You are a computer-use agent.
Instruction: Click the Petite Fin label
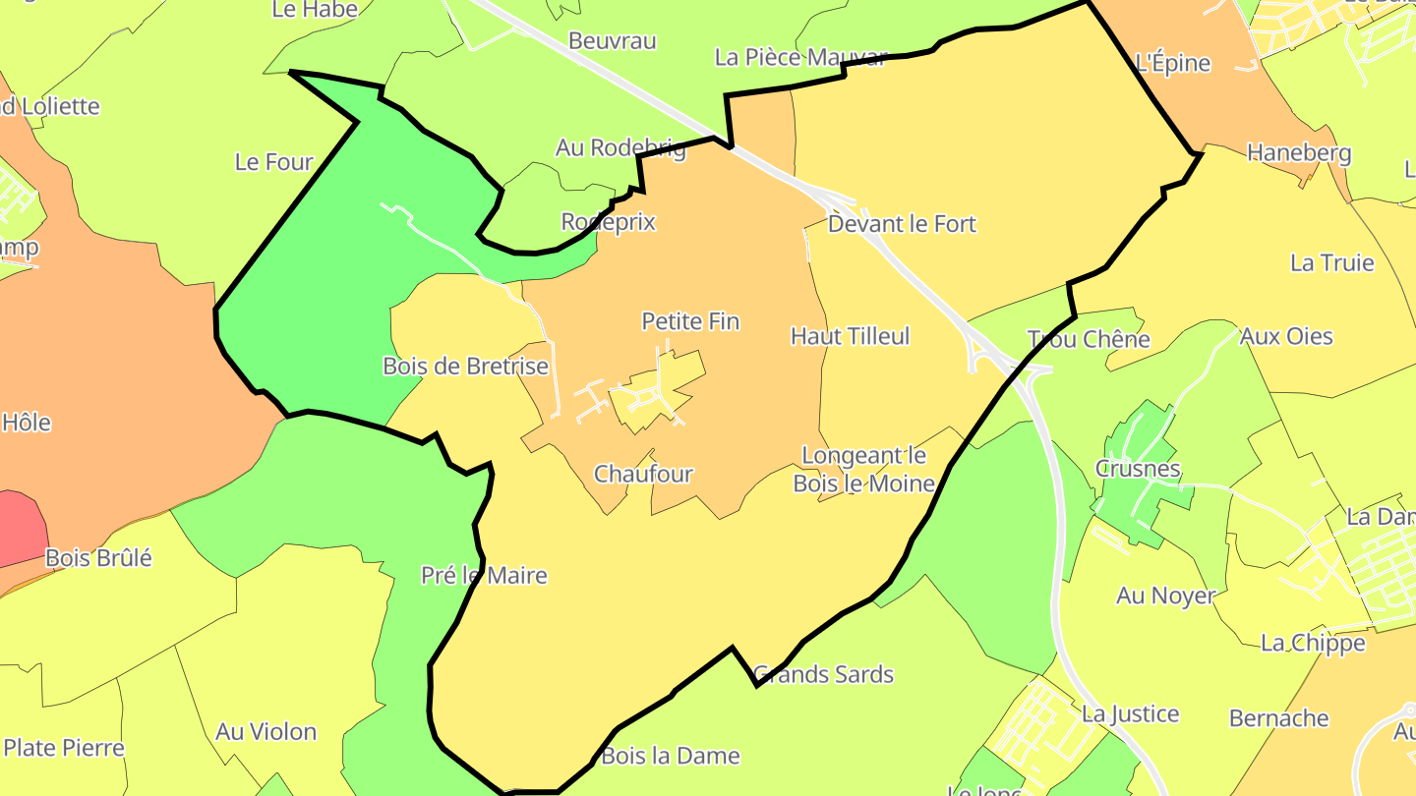(690, 321)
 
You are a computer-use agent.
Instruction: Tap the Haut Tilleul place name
(850, 336)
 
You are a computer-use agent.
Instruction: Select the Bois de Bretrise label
(465, 367)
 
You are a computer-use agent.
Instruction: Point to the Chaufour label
(643, 474)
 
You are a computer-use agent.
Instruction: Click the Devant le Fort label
(902, 224)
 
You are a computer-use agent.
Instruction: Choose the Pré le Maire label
(484, 575)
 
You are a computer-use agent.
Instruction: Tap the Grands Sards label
(823, 674)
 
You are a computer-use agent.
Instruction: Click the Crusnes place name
(1138, 469)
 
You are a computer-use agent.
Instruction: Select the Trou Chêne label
(1089, 339)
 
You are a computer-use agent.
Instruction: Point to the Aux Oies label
(1286, 336)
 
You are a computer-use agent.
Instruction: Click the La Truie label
(1331, 262)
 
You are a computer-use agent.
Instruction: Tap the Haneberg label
(1299, 153)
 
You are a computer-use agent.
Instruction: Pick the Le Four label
(273, 162)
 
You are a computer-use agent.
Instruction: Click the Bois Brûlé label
(98, 558)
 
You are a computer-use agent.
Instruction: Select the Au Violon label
(265, 732)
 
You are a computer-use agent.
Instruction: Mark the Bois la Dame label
(670, 756)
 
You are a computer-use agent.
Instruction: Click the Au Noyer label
(1165, 595)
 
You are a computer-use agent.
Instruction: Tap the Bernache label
(1278, 718)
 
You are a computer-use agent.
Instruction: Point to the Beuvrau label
(612, 41)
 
